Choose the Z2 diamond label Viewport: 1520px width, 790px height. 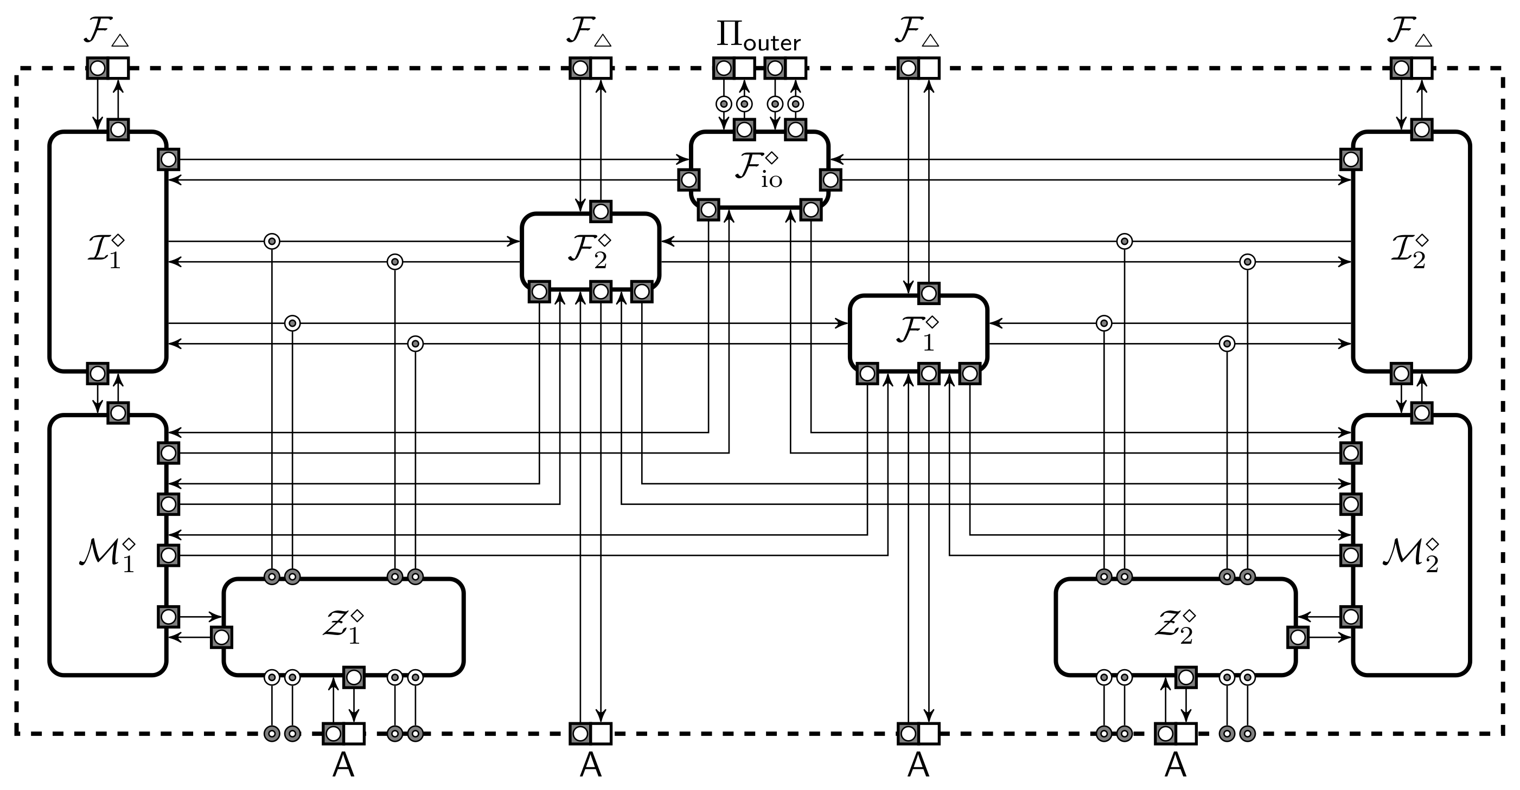1175,627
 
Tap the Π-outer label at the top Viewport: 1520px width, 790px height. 759,36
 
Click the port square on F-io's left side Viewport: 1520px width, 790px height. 688,180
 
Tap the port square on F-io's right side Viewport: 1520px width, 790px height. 830,180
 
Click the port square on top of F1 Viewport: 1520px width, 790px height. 929,293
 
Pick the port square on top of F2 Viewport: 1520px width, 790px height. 601,211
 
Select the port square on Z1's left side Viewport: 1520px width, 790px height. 221,637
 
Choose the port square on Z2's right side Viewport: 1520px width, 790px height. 1298,637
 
